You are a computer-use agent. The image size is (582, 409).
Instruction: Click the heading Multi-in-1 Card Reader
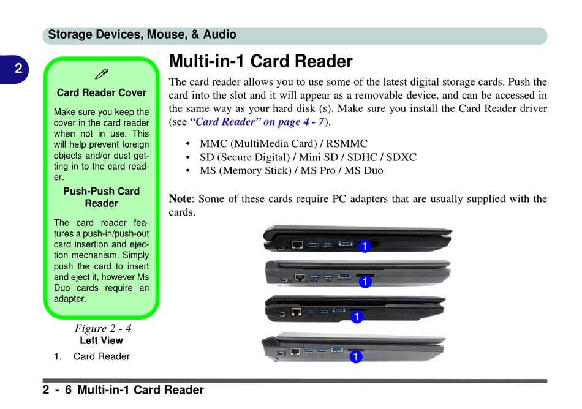260,62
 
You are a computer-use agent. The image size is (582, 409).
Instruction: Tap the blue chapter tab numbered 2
18,69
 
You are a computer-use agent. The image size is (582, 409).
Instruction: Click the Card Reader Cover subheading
101,93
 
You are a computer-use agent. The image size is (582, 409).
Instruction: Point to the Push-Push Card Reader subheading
101,197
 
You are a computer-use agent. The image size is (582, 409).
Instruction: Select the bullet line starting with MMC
284,144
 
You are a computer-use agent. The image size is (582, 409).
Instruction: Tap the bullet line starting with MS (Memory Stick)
291,171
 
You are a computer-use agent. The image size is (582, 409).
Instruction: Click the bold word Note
180,198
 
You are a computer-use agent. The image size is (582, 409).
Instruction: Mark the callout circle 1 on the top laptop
364,246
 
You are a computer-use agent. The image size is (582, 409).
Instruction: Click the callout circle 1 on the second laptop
364,282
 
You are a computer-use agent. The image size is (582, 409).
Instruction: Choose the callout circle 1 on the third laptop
357,317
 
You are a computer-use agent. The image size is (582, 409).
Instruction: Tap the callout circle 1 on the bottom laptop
354,356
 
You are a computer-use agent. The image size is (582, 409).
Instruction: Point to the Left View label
101,340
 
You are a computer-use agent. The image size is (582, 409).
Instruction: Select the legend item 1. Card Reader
92,356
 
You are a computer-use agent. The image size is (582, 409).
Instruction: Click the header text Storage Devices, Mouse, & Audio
142,35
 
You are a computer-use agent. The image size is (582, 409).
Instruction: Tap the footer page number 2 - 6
57,390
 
